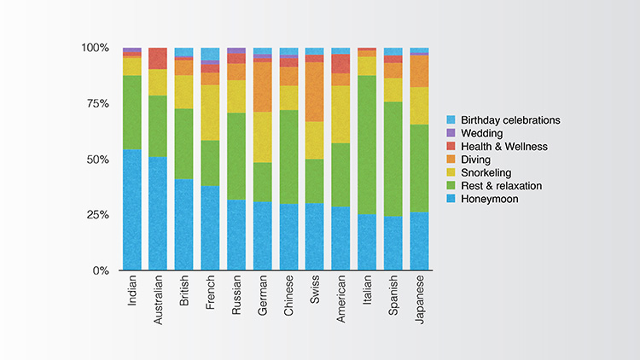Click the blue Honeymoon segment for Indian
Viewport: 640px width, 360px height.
coord(132,210)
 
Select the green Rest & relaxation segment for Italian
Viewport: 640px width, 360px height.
coord(367,145)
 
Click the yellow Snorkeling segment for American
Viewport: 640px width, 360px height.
coord(341,114)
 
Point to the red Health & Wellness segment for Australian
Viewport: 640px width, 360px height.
coord(158,58)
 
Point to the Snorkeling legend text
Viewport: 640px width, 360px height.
coord(486,173)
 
